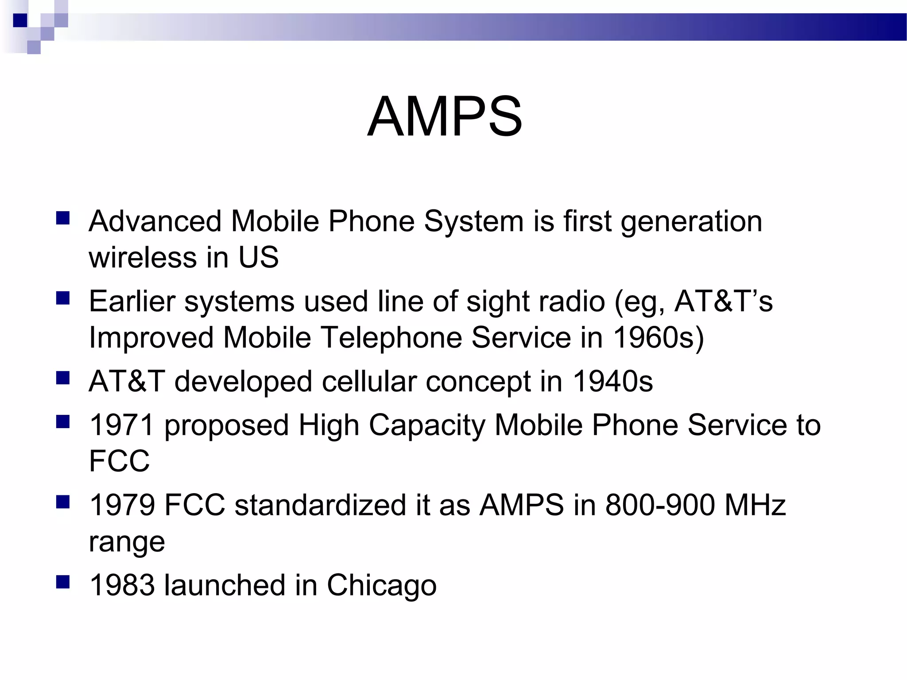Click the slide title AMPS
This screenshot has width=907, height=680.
click(x=445, y=117)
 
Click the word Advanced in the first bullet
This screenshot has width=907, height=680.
click(x=155, y=221)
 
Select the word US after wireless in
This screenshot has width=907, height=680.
click(x=259, y=257)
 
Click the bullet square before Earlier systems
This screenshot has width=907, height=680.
click(x=63, y=298)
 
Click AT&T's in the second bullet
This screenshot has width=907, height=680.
click(x=723, y=301)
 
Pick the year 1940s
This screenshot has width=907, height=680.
click(x=612, y=381)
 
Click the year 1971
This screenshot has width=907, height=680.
click(x=121, y=425)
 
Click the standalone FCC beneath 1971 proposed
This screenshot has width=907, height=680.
click(x=119, y=461)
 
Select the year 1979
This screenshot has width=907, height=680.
click(x=121, y=505)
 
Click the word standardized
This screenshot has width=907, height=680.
click(x=320, y=505)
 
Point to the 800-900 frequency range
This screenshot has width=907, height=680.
click(x=660, y=505)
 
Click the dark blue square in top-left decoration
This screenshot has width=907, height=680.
click(x=20, y=20)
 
